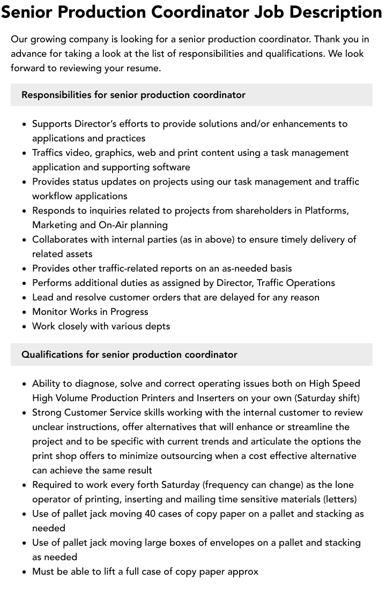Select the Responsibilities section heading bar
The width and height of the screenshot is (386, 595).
coord(191,95)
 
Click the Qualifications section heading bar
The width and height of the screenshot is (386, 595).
coord(191,355)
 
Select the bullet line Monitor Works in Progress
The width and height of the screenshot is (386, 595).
coord(90,312)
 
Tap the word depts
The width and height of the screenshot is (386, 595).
coord(155,326)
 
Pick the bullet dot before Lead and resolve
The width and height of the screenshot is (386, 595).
coord(25,297)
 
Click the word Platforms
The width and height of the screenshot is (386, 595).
coord(326,210)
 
